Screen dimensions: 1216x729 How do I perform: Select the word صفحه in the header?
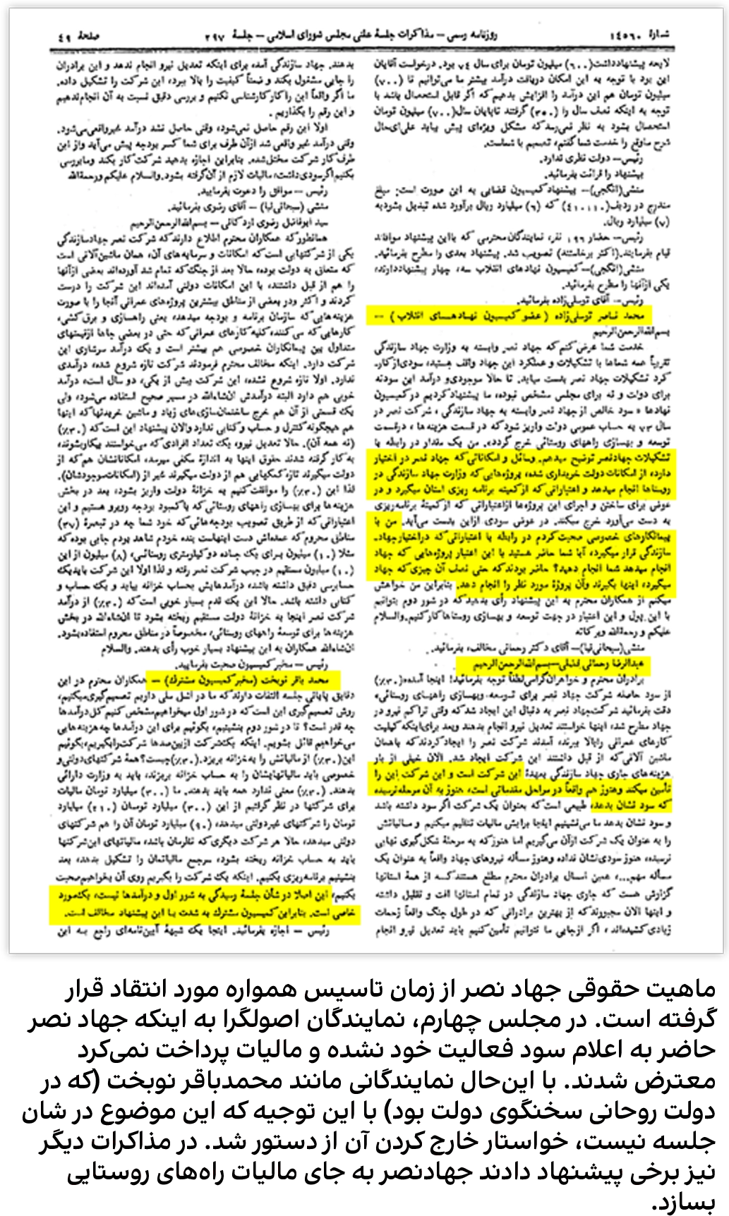[90, 35]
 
